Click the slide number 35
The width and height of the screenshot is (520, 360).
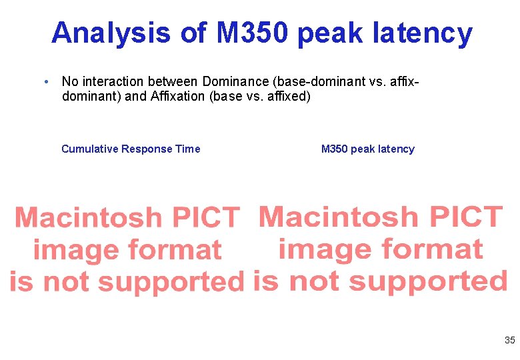[x=509, y=340]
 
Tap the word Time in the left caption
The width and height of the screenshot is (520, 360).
[x=188, y=149]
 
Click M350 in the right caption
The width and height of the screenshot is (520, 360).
[x=334, y=149]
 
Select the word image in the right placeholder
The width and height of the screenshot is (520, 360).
[x=325, y=249]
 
